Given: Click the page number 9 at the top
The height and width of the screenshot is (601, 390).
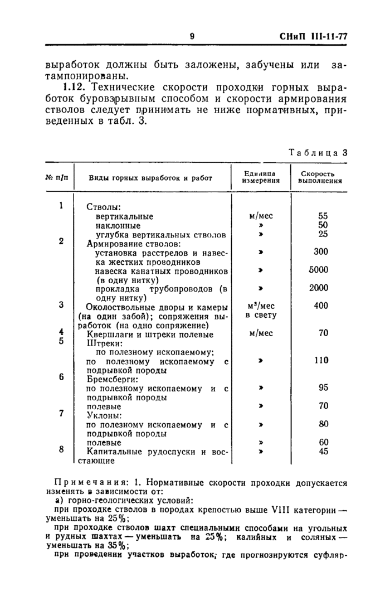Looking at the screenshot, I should pyautogui.click(x=192, y=36).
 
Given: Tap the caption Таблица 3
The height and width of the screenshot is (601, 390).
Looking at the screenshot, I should pyautogui.click(x=318, y=153).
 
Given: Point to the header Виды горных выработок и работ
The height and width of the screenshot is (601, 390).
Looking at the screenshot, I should pyautogui.click(x=151, y=178).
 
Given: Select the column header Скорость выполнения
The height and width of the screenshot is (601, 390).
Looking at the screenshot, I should pyautogui.click(x=320, y=177).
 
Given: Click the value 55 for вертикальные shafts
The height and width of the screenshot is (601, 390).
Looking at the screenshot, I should pyautogui.click(x=323, y=216).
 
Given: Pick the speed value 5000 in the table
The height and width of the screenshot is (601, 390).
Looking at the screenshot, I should pyautogui.click(x=319, y=270).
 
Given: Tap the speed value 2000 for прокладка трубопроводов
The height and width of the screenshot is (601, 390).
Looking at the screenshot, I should pyautogui.click(x=319, y=288).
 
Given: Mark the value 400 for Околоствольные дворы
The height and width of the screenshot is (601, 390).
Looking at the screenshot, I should pyautogui.click(x=321, y=306).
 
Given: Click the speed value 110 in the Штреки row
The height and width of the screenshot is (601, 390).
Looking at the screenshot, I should pyautogui.click(x=321, y=361).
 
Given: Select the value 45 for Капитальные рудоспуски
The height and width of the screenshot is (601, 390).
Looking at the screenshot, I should pyautogui.click(x=323, y=452).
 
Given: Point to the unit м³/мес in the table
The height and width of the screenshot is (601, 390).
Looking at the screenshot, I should pyautogui.click(x=260, y=306).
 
